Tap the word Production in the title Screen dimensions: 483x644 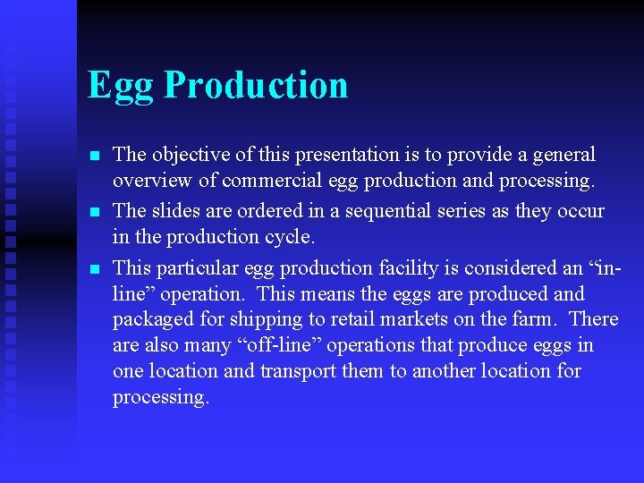(256, 84)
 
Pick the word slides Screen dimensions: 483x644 (175, 211)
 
